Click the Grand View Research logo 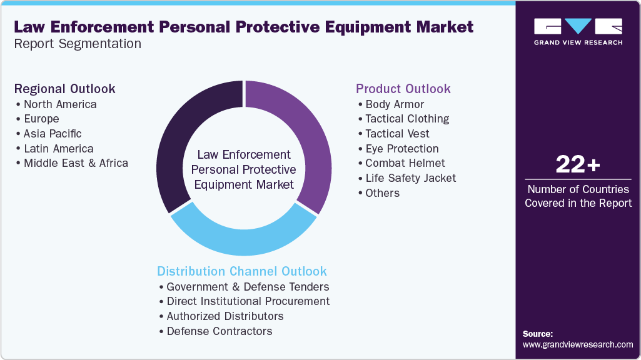coord(578,31)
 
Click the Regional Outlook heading coord(65,89)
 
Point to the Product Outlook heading coord(403,89)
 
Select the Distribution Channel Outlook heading coord(242,271)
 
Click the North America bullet coord(60,104)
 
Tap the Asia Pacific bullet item coord(53,134)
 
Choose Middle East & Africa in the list coord(76,163)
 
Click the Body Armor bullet coord(395,104)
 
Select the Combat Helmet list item coord(405,163)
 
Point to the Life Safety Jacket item coord(411,178)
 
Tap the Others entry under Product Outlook coord(382,193)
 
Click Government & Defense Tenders coord(248,287)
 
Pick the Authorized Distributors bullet coord(225,316)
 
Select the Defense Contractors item coord(220,331)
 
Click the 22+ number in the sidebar coord(578,165)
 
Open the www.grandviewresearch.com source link coord(578,344)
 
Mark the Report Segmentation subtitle coord(78,44)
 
